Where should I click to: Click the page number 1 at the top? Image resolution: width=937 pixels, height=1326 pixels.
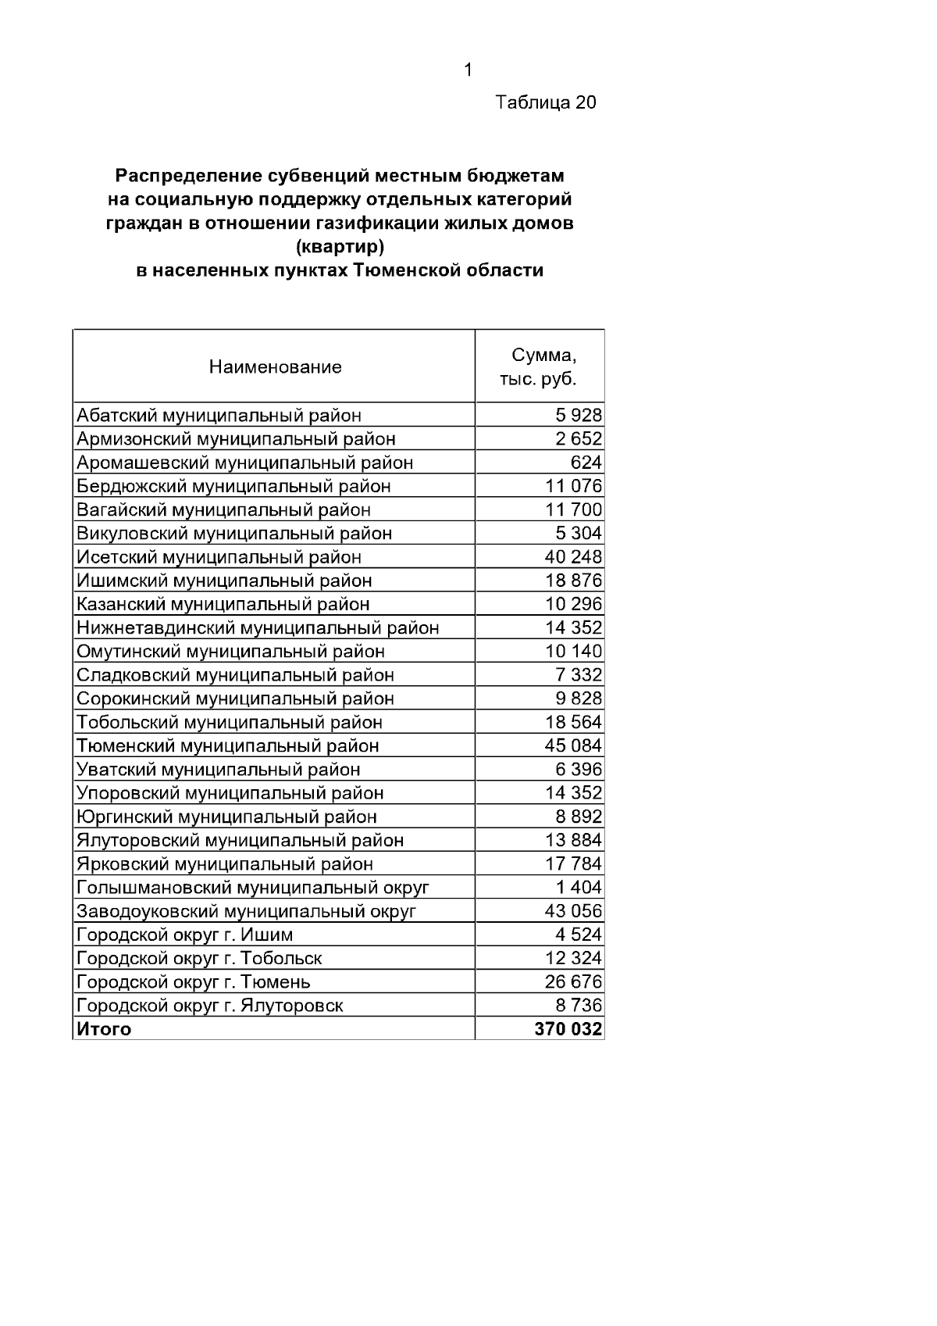click(x=468, y=70)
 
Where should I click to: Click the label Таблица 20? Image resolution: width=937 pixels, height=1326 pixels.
click(x=546, y=102)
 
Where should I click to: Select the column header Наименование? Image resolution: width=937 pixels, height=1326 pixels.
click(x=275, y=367)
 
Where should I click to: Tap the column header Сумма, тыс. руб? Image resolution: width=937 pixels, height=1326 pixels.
click(x=540, y=367)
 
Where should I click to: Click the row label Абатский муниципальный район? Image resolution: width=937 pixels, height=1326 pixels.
click(x=219, y=416)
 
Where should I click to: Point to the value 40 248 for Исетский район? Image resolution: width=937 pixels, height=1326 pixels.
click(x=573, y=557)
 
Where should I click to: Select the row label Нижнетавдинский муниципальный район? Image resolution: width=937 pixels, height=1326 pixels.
click(x=258, y=628)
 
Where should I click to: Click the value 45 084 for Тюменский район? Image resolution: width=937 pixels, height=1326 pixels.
click(x=573, y=746)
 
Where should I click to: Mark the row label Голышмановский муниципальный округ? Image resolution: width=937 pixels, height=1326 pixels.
click(x=252, y=888)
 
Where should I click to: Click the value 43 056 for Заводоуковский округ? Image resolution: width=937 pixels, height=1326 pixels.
click(x=573, y=912)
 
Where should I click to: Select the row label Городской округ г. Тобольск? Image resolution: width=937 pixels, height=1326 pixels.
click(x=199, y=959)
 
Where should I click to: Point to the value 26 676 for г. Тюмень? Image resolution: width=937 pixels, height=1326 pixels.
click(x=573, y=982)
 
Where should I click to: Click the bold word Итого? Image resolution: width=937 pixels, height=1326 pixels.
click(x=104, y=1030)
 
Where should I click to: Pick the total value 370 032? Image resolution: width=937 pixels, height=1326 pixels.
click(x=568, y=1030)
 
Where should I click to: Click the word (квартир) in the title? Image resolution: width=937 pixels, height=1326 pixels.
click(x=340, y=248)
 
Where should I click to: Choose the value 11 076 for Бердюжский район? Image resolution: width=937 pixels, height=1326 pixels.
click(x=573, y=486)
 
